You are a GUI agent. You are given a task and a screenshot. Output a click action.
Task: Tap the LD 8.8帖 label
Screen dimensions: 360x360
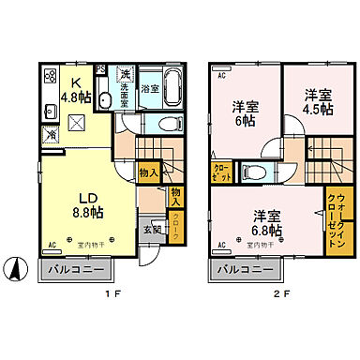click(83, 203)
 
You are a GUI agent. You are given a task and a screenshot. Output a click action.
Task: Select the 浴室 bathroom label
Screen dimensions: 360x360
click(150, 89)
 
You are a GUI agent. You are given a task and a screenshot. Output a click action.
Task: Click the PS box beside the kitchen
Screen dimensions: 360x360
click(101, 68)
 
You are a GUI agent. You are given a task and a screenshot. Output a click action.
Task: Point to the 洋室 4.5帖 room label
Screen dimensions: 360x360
click(317, 100)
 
